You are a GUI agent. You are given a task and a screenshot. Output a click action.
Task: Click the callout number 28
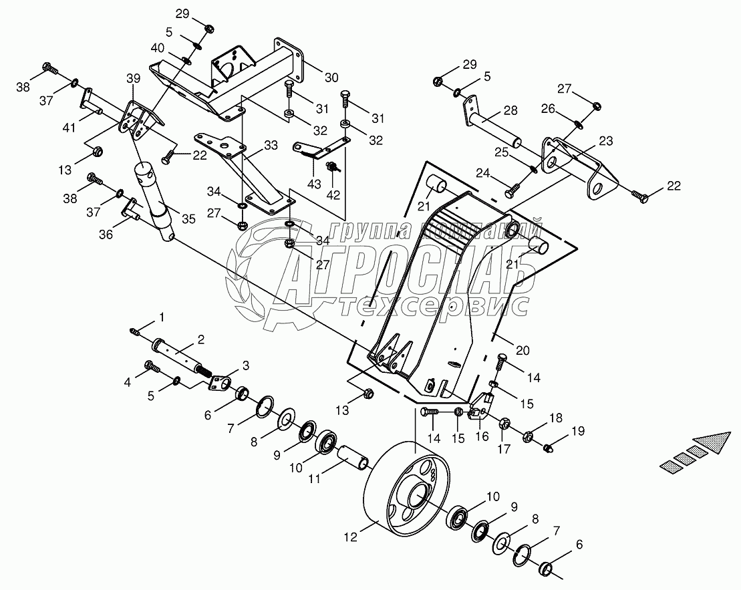coord(510,110)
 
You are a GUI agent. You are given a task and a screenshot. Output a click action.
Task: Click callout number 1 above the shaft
coord(161,315)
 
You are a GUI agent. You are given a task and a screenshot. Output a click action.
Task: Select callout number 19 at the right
coord(577,431)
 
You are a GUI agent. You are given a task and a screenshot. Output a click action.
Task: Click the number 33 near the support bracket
coord(252,144)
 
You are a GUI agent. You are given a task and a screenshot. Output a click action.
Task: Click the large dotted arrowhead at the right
coord(710,443)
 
